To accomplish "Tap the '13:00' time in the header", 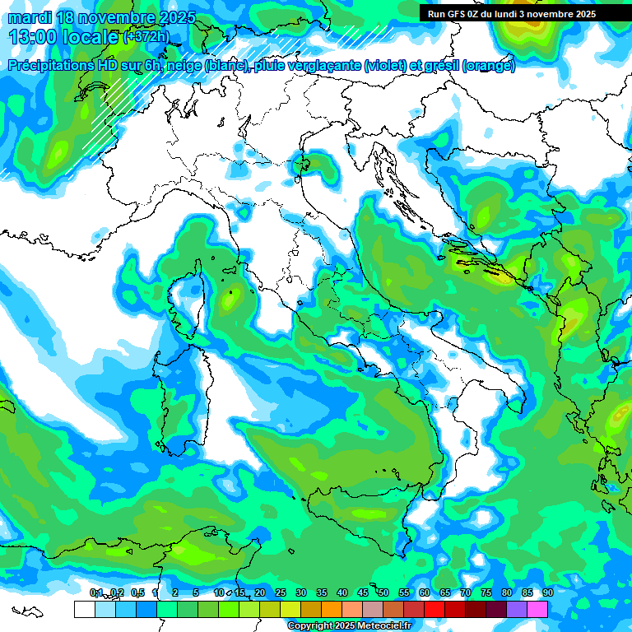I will click(x=31, y=37).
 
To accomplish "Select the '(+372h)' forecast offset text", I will click(x=146, y=37).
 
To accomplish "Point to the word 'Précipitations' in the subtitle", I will click(x=50, y=66).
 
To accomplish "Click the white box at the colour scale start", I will click(x=84, y=609).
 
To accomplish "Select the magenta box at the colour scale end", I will click(x=537, y=609).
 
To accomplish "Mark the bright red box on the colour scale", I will click(x=434, y=609).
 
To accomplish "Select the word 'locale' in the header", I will click(x=91, y=37).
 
